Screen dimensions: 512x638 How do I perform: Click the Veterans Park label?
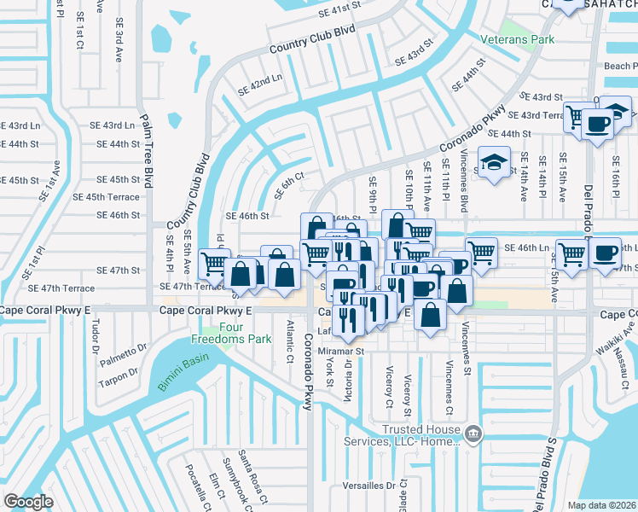click(x=517, y=39)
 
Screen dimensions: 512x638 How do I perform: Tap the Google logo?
click(x=28, y=502)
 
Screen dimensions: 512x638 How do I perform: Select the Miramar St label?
click(x=341, y=350)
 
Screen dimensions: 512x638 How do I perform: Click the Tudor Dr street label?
click(x=96, y=335)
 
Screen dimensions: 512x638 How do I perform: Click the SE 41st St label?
click(x=335, y=9)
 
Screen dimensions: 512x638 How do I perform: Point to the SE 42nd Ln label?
click(x=259, y=84)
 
